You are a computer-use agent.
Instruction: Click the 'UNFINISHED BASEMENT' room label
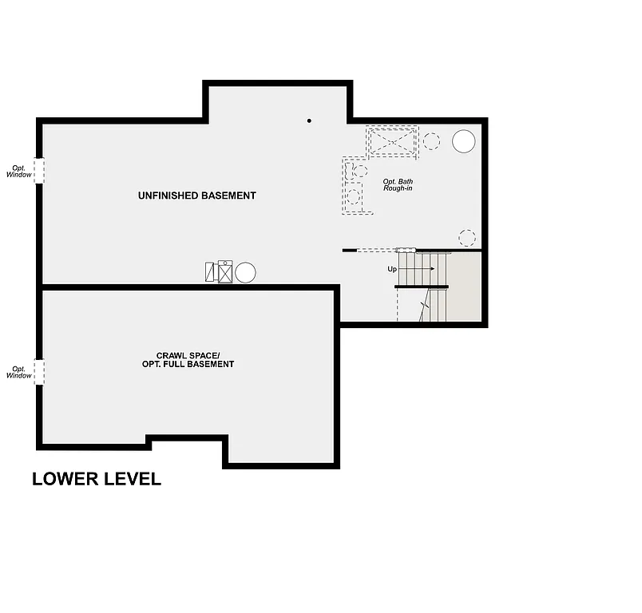pyautogui.click(x=196, y=196)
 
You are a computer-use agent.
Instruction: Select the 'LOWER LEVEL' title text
pyautogui.click(x=97, y=479)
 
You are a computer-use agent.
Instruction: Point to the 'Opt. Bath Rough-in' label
pyautogui.click(x=398, y=184)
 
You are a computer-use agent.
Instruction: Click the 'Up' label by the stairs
pyautogui.click(x=392, y=269)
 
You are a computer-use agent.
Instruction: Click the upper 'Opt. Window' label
pyautogui.click(x=19, y=171)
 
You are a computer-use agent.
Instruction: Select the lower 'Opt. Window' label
pyautogui.click(x=19, y=372)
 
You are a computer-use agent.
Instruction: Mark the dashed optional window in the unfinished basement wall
pyautogui.click(x=39, y=170)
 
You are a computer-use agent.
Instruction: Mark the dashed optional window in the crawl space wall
pyautogui.click(x=39, y=372)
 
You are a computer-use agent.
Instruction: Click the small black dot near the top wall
pyautogui.click(x=309, y=121)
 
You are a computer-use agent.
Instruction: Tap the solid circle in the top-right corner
pyautogui.click(x=463, y=141)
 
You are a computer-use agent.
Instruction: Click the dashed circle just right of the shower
pyautogui.click(x=431, y=142)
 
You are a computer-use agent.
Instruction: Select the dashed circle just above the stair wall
pyautogui.click(x=467, y=238)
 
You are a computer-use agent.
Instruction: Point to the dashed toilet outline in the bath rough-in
pyautogui.click(x=358, y=170)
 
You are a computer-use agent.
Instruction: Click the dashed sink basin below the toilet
pyautogui.click(x=354, y=196)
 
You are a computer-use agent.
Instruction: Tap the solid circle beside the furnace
pyautogui.click(x=245, y=272)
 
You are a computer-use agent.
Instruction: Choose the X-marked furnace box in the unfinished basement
pyautogui.click(x=225, y=273)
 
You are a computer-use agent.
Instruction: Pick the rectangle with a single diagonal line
pyautogui.click(x=210, y=272)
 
